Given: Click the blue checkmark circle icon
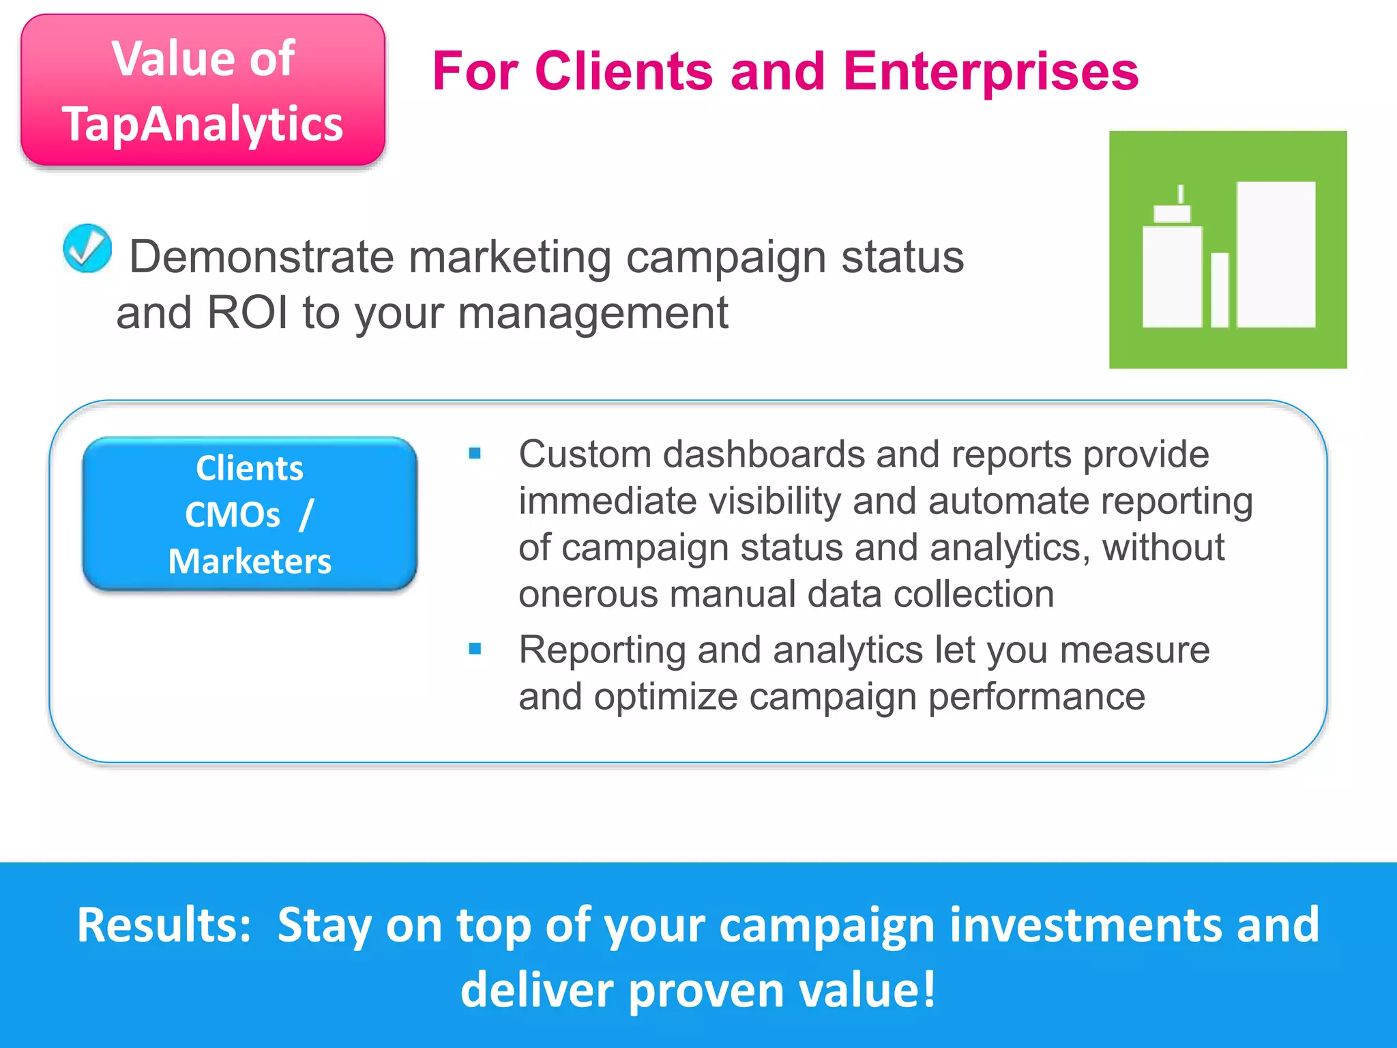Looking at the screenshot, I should pyautogui.click(x=87, y=248).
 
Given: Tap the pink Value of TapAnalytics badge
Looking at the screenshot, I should pyautogui.click(x=203, y=90).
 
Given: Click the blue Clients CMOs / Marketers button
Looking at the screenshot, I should pyautogui.click(x=250, y=514).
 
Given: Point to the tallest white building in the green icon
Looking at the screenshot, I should pyautogui.click(x=1276, y=254).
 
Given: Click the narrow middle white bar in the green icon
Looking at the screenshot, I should pyautogui.click(x=1220, y=289).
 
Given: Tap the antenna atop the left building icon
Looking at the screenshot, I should pyautogui.click(x=1180, y=194).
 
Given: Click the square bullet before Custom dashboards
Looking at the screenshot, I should pyautogui.click(x=475, y=453).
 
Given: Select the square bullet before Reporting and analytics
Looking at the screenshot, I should pyautogui.click(x=475, y=649).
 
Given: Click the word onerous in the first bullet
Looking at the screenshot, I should pyautogui.click(x=588, y=594).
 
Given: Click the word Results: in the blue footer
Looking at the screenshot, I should pyautogui.click(x=164, y=925).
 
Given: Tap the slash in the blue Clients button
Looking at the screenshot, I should pyautogui.click(x=306, y=514).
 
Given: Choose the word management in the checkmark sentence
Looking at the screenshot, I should pyautogui.click(x=592, y=312).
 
